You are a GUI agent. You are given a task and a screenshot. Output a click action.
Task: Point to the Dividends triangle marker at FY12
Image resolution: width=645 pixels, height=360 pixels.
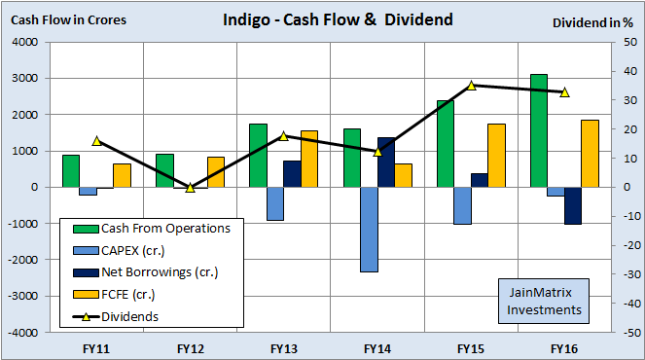[191, 187]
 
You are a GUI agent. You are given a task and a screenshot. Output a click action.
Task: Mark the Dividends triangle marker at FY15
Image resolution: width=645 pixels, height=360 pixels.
[472, 86]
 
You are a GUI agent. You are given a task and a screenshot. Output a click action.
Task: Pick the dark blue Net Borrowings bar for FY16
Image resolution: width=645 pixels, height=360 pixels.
[572, 205]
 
